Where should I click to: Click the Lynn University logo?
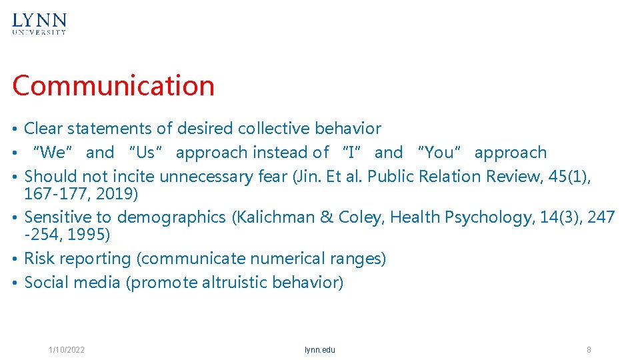click(39, 23)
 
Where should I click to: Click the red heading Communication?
click(113, 86)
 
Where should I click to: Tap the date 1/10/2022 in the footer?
click(67, 350)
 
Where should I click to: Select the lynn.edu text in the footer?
click(320, 350)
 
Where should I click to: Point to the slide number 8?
click(589, 350)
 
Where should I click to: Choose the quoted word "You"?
click(439, 153)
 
